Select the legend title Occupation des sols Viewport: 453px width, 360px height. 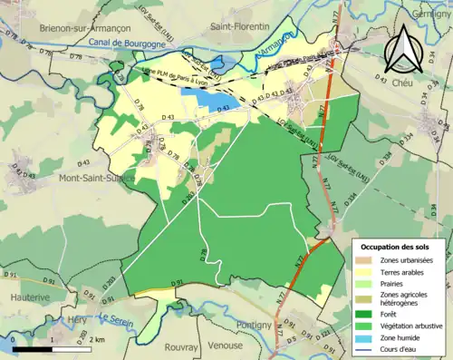click(396, 247)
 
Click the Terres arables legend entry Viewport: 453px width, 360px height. click(399, 273)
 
